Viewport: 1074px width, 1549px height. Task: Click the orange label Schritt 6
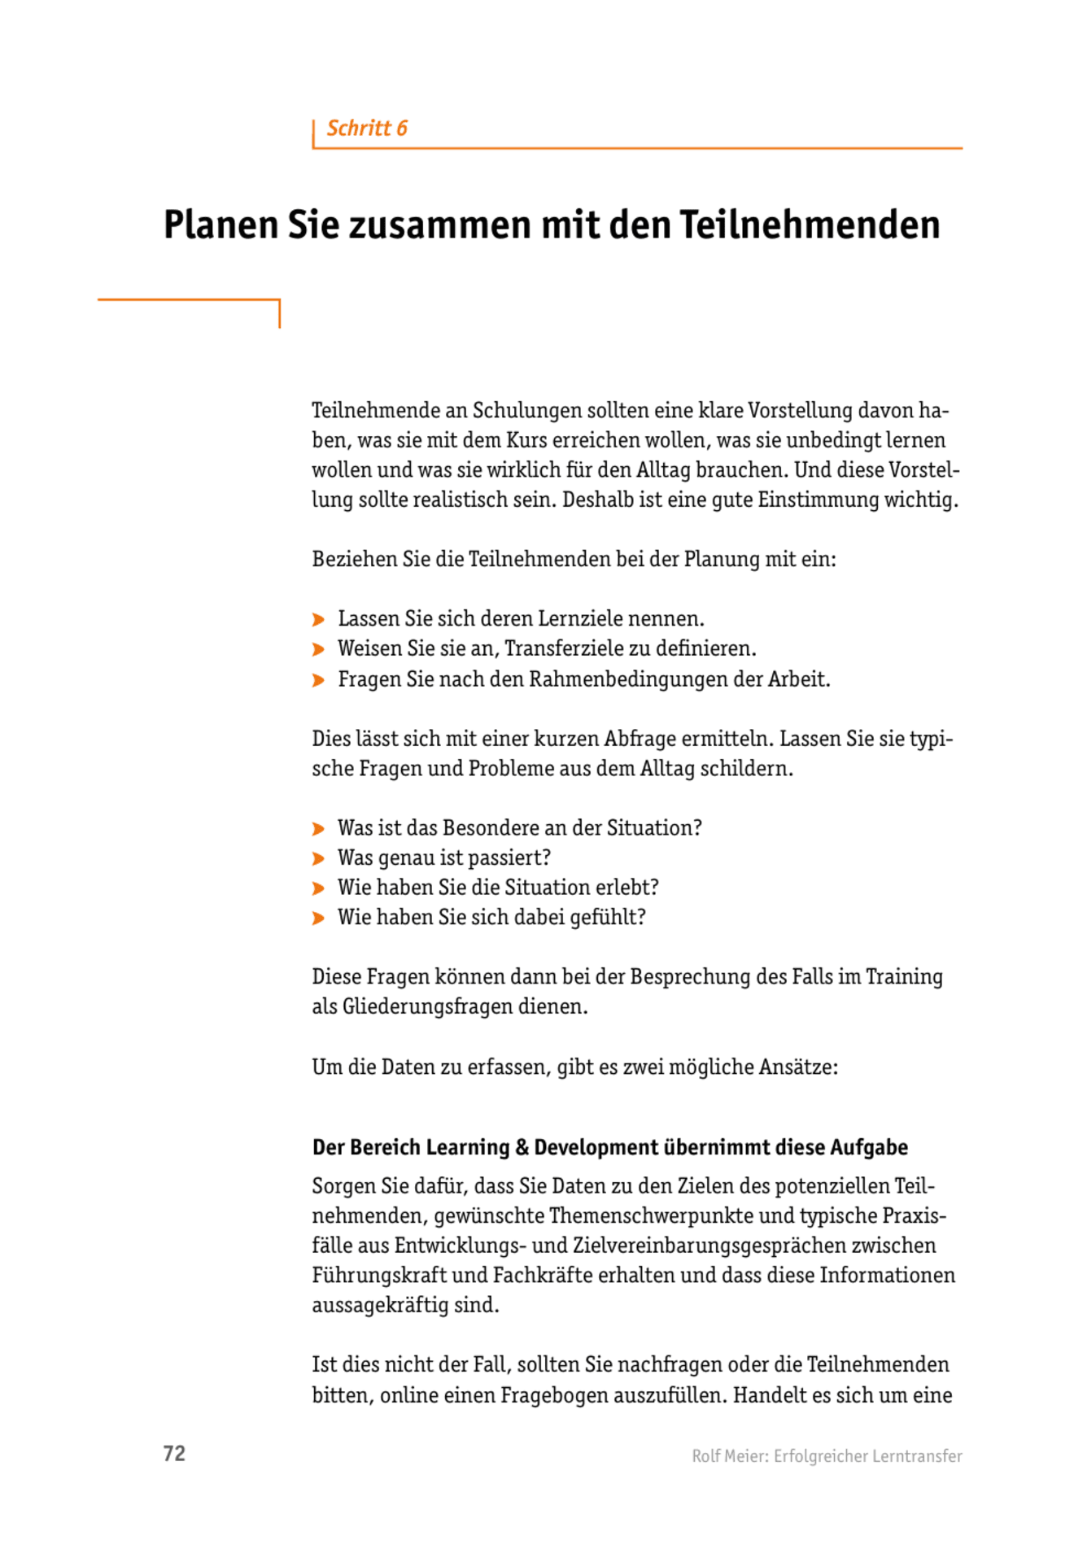[x=367, y=129]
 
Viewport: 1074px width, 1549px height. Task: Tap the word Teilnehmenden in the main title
[x=810, y=225]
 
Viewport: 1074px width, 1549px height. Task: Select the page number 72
[x=174, y=1454]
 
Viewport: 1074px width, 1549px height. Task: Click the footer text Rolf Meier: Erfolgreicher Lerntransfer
[x=827, y=1456]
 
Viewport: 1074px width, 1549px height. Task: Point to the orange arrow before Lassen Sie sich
[x=318, y=620]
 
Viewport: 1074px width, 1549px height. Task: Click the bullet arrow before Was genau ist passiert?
[x=318, y=858]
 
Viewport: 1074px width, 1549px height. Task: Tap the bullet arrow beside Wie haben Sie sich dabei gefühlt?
[x=318, y=918]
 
